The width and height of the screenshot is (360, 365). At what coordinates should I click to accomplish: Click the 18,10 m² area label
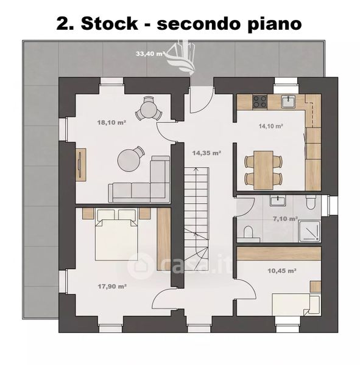[111, 122]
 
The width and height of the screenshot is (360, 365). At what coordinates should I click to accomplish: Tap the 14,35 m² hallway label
[206, 153]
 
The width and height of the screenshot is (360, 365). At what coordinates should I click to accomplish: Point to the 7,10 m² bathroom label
[285, 219]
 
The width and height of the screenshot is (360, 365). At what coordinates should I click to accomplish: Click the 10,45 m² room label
[282, 271]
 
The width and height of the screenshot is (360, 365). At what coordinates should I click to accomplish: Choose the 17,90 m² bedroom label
[112, 287]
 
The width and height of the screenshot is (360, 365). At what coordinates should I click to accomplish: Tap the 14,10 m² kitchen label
[270, 126]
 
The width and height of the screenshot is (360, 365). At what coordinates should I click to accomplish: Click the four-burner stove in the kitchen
[259, 102]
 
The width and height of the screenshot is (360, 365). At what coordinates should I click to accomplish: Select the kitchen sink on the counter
[289, 102]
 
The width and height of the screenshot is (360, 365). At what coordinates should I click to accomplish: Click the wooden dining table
[263, 170]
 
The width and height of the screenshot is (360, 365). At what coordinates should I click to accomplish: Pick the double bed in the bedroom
[116, 235]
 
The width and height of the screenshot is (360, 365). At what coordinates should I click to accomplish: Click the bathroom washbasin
[278, 200]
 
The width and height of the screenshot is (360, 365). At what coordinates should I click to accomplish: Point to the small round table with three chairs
[148, 108]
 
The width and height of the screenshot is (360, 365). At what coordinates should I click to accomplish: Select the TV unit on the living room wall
[80, 165]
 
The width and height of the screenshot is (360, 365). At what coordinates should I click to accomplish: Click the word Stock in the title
[110, 24]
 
